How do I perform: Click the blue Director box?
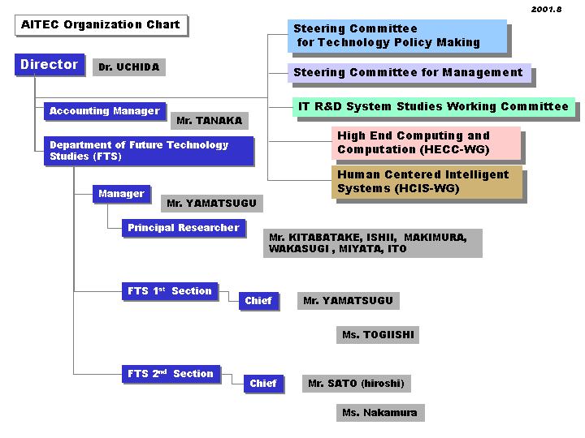coord(50,65)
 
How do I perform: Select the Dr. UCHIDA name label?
coord(128,67)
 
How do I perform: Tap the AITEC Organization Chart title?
coord(101,25)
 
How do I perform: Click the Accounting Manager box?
coord(104,111)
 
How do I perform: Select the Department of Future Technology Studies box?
coord(149,151)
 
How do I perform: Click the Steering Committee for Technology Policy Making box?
coord(397,36)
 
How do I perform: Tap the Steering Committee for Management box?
coord(409,73)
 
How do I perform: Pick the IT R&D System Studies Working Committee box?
coord(433,107)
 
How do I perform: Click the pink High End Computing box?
coord(426,143)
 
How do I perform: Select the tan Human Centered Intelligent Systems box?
coord(426,182)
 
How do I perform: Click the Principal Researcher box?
coord(183,228)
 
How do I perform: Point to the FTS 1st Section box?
coord(169,291)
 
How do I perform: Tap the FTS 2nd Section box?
coord(170,374)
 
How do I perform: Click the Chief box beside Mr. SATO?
coord(263,384)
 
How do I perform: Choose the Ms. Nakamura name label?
coord(379,413)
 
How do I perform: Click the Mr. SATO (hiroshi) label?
coord(355,384)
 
